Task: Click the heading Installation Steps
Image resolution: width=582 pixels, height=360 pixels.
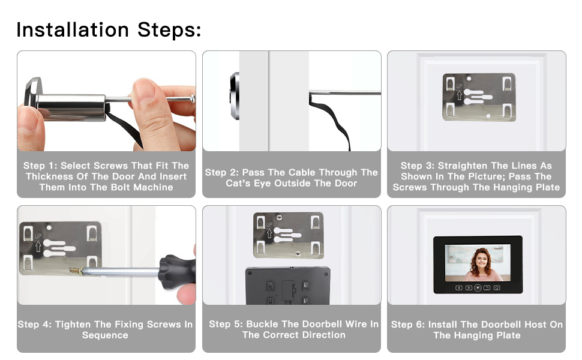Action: (x=109, y=30)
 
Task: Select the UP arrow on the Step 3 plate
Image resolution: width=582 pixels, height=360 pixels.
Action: (x=459, y=95)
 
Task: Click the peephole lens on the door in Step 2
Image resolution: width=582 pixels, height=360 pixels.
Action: (x=235, y=96)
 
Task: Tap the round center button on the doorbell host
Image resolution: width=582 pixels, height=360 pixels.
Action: (x=478, y=287)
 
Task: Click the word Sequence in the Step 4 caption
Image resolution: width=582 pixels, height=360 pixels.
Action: (x=105, y=335)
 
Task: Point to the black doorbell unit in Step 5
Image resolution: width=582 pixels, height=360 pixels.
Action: (x=287, y=286)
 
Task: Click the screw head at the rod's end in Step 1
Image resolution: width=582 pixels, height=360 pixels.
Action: (x=192, y=99)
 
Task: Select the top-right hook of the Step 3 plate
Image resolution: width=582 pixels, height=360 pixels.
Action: (x=507, y=83)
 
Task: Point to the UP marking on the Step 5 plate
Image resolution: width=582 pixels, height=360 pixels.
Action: (x=269, y=224)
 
